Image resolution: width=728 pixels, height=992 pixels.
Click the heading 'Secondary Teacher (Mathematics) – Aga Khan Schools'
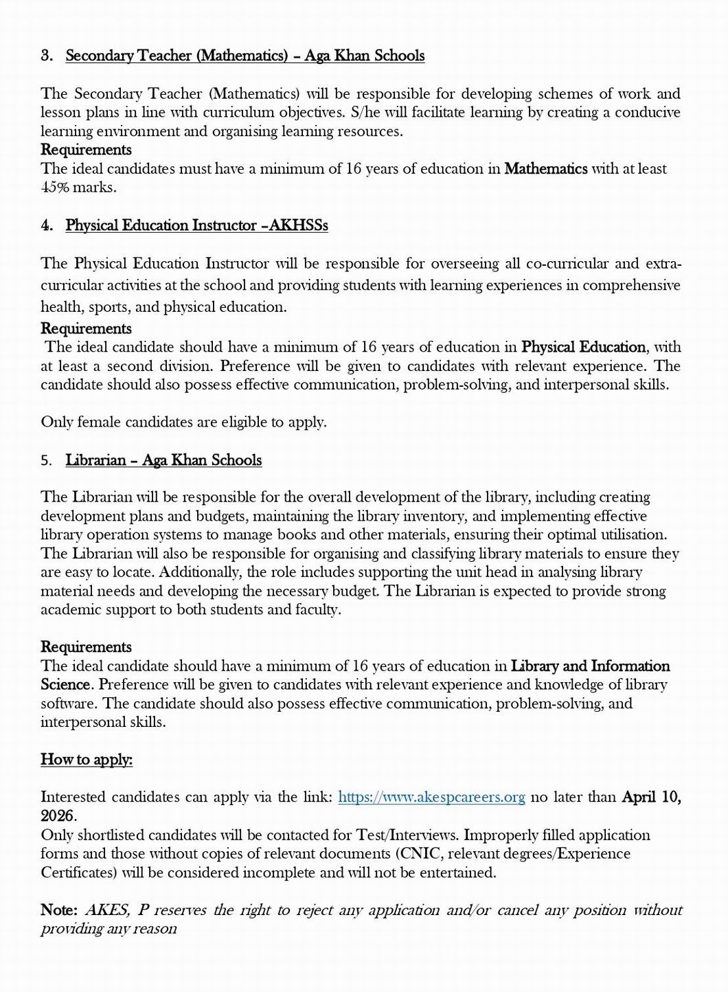coord(244,56)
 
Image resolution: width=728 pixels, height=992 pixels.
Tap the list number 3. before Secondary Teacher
coord(47,56)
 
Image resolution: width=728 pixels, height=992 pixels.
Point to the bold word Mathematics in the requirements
coord(545,168)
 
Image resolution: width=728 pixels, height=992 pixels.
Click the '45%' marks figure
coord(55,187)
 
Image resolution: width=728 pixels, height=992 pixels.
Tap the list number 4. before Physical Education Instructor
coord(47,225)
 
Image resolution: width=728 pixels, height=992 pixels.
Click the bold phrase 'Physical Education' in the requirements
coord(583,347)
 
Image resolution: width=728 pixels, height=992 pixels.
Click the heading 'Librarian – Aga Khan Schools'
coord(163,460)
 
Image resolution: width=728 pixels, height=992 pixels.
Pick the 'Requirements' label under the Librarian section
coord(86,646)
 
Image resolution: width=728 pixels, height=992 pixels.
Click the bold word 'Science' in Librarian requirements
coord(65,684)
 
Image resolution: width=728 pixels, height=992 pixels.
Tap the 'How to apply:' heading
coord(87,759)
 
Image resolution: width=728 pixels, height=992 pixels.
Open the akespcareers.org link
coord(432,797)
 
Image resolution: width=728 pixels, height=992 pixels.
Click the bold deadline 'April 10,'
coord(650,797)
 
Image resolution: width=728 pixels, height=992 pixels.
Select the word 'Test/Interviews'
coord(407,835)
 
